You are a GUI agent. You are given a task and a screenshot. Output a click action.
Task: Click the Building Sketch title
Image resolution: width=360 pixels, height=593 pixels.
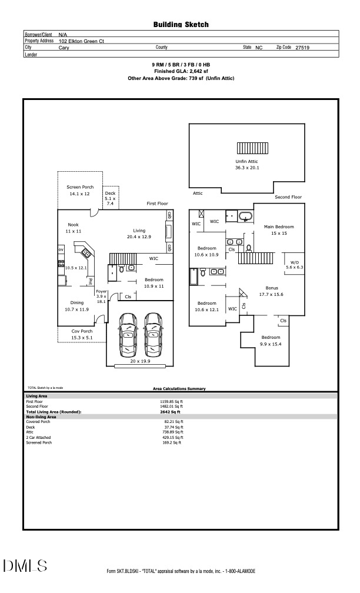181,24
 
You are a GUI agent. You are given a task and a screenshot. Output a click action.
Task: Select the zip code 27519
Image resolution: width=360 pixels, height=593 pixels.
302,47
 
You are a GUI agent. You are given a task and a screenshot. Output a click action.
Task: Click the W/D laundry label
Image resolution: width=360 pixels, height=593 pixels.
293,264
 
